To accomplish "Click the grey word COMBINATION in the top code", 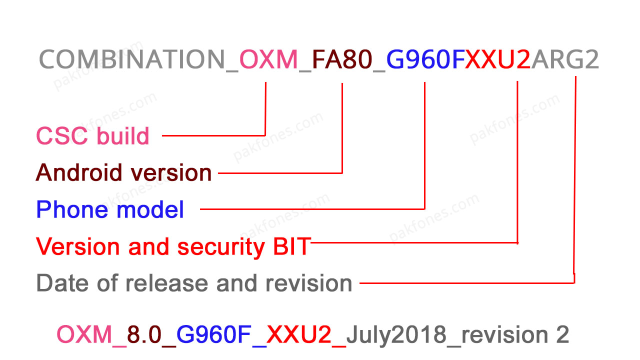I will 132,60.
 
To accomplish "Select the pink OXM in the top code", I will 269,60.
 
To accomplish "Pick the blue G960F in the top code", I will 425,60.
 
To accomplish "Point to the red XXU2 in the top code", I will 498,60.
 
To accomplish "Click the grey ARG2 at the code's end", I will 565,60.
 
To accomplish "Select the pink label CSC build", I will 93,136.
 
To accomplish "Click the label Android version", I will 124,173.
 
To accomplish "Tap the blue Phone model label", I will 110,209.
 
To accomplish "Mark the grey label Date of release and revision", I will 194,283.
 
